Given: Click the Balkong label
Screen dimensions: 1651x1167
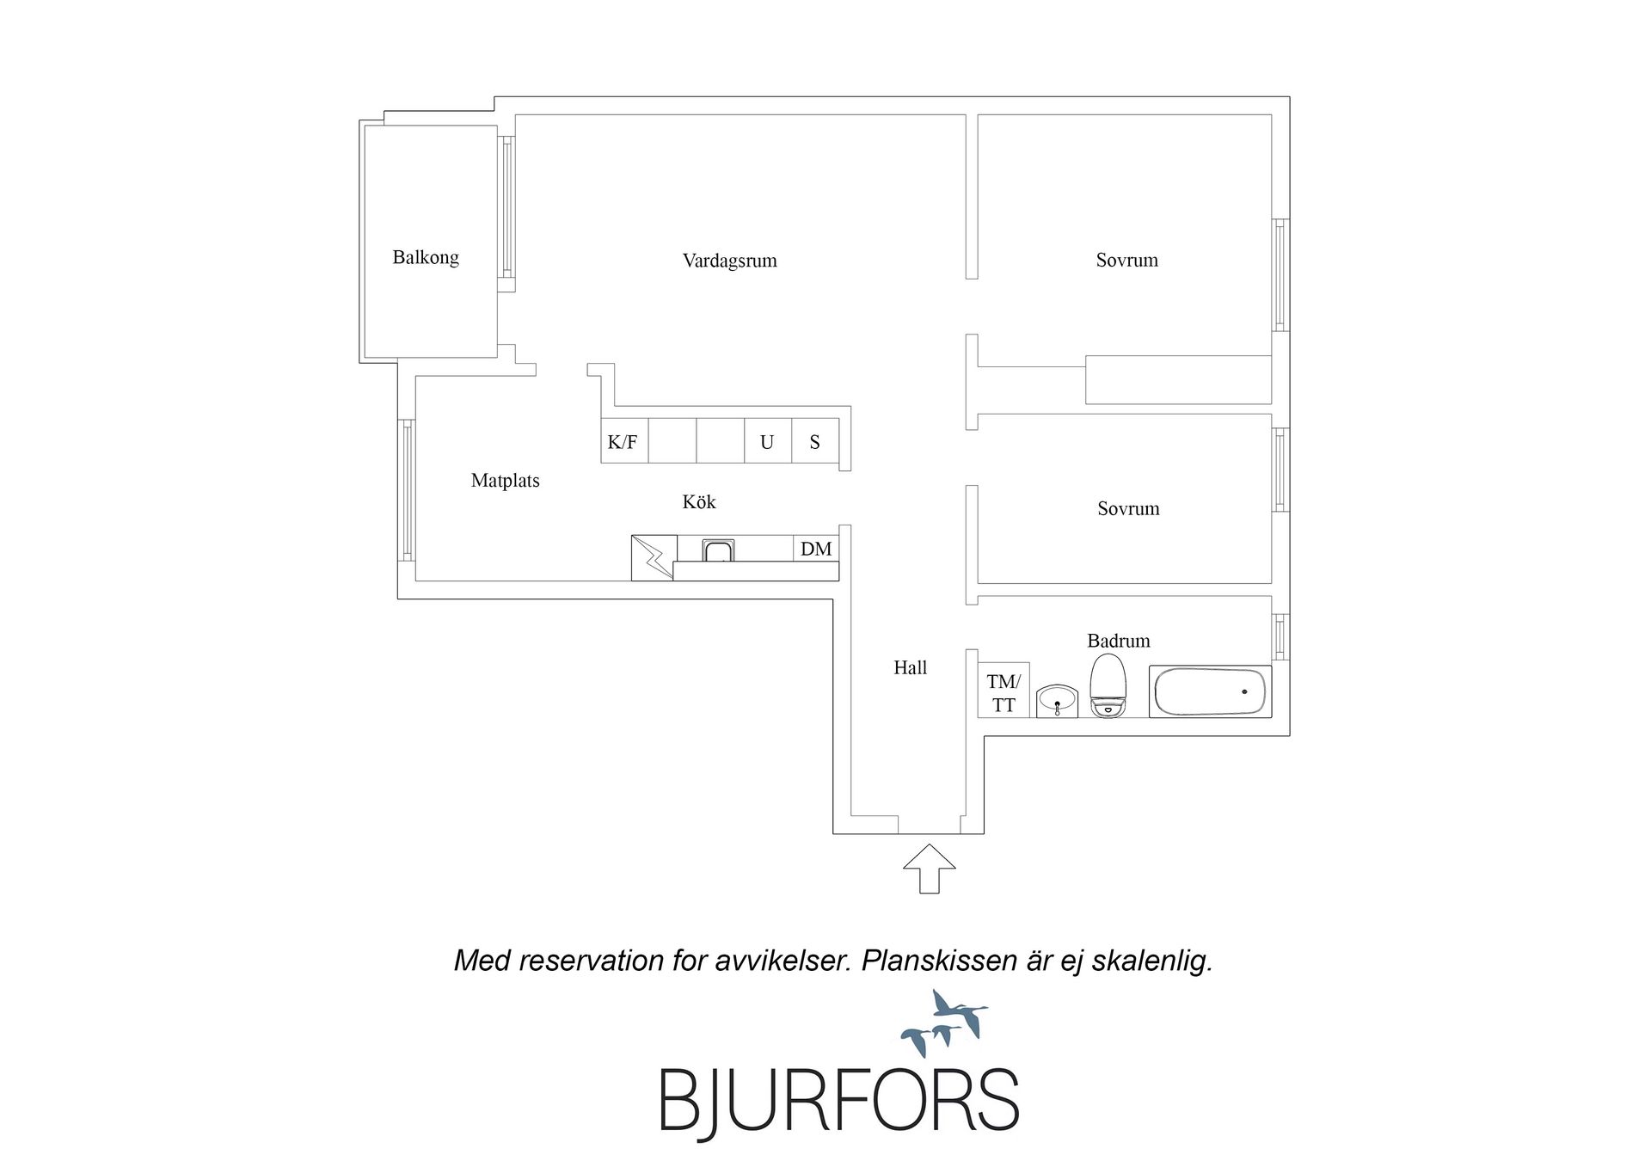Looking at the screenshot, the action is pos(426,257).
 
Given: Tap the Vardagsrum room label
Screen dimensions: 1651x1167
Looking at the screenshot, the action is pos(730,261).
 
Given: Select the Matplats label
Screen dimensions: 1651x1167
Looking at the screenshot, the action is pos(506,481).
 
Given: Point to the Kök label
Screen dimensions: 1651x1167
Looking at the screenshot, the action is pos(699,501).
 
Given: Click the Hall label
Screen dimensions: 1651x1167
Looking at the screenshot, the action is pos(910,667).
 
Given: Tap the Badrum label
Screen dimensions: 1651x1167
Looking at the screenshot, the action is pos(1118,641).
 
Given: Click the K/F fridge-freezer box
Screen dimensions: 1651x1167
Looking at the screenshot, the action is pos(624,441).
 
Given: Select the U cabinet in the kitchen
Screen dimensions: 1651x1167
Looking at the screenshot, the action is pos(767,441).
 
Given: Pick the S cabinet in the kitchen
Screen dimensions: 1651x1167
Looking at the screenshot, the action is pos(815,441).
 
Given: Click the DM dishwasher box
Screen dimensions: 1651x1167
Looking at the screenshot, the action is pos(816,549).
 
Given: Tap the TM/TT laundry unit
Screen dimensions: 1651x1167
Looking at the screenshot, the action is pos(1003,691).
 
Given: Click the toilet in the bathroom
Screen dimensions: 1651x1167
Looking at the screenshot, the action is pos(1108,685).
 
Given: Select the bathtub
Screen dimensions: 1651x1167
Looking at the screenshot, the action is pos(1210,691).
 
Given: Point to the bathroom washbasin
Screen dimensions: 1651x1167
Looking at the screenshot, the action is pos(1057,701).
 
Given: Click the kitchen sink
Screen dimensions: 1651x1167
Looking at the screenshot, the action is pos(718,550).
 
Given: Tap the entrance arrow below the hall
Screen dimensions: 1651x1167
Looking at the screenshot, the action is pos(930,869).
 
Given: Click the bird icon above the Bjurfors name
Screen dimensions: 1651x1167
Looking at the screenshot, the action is pos(945,1023).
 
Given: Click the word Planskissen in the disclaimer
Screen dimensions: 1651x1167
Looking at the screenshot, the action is pos(940,961).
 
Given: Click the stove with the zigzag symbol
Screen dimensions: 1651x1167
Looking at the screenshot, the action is pos(654,557).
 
